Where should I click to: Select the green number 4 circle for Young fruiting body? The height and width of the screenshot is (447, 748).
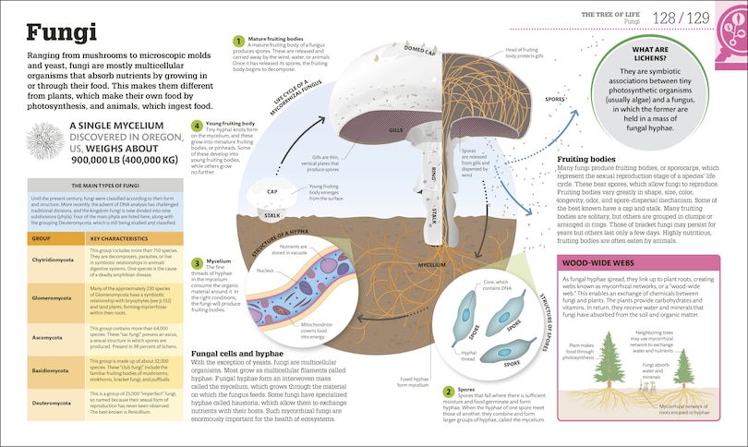click(x=197, y=126)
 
